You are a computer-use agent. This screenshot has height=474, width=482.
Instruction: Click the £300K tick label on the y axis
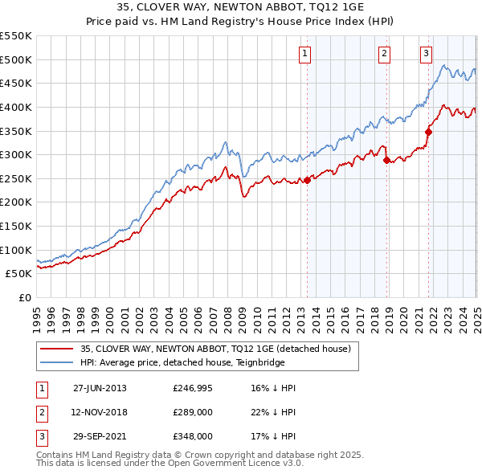tap(16, 154)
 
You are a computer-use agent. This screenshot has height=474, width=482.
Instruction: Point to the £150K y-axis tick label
tap(16, 226)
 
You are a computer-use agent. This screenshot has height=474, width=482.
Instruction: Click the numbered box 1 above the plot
tap(306, 54)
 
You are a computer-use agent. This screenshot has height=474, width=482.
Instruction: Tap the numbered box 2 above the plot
tap(385, 54)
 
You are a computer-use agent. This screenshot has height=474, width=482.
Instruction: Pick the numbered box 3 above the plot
tap(426, 54)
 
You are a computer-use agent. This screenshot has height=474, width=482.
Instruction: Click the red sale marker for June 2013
tap(308, 180)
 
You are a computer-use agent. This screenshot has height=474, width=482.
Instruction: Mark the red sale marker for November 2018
tap(386, 160)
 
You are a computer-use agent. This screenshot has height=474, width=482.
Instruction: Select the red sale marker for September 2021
tap(428, 132)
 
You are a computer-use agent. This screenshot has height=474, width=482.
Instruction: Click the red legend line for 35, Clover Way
tap(55, 349)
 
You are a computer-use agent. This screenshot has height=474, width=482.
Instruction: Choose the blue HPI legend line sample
tap(55, 362)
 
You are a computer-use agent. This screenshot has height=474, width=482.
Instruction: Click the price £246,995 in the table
tap(193, 388)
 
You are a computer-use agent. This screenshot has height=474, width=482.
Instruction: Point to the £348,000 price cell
tap(193, 436)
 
